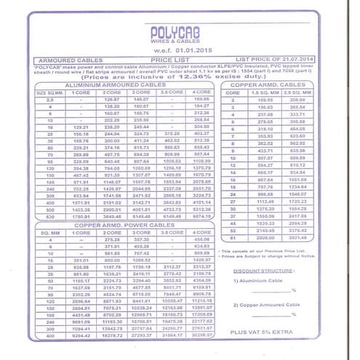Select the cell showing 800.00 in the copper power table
[111, 260]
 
